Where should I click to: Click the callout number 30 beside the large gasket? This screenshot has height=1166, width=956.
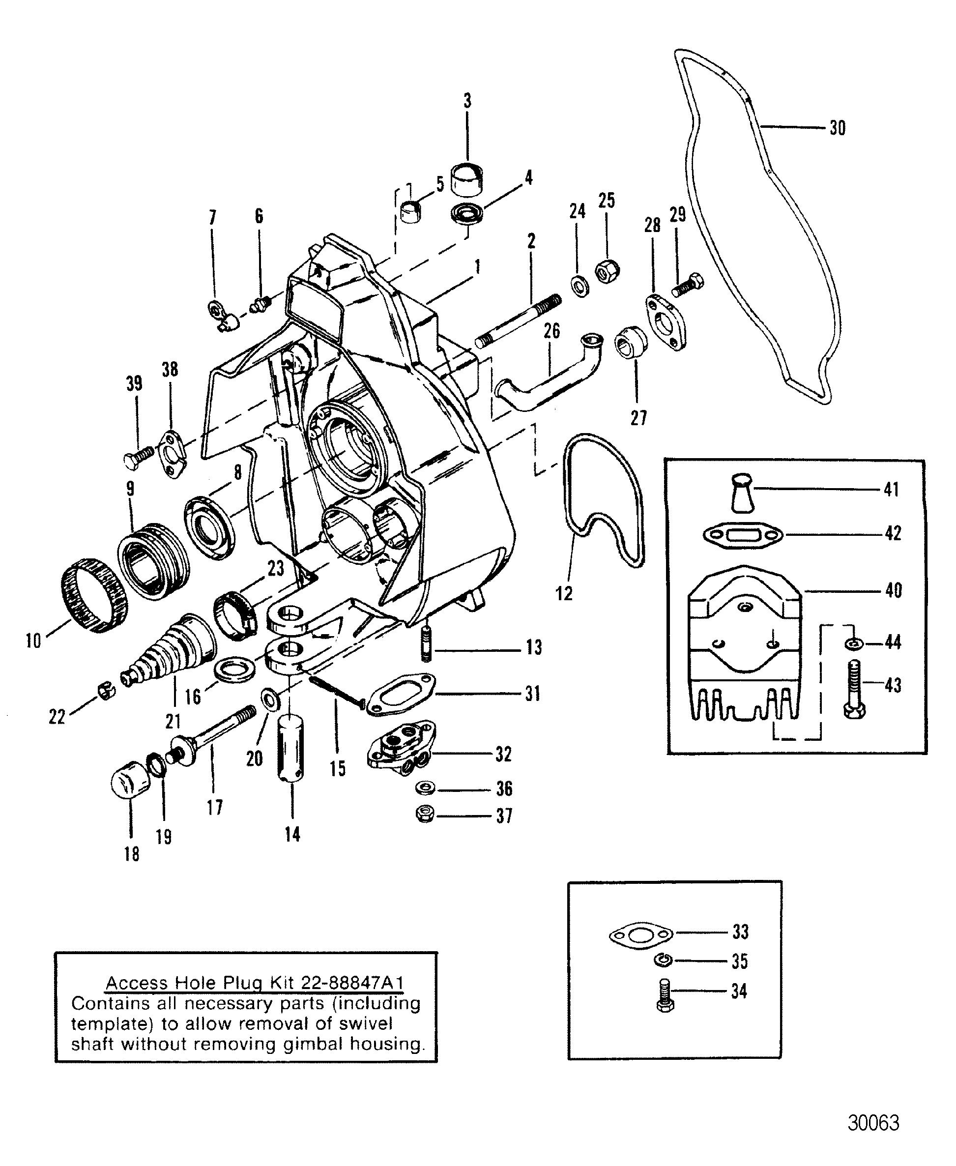coord(837,128)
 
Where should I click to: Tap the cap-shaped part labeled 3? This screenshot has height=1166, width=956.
coord(467,178)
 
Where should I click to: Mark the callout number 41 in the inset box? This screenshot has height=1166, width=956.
coord(891,489)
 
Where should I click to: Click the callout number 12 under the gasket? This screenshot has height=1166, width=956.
coord(564,594)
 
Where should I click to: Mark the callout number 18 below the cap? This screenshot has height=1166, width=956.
coord(132,854)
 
